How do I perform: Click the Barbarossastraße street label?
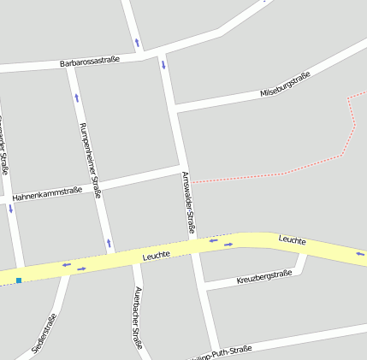90,61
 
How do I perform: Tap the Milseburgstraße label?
285,85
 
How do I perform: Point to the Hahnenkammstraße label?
47,193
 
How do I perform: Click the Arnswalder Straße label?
189,203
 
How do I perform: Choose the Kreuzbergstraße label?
264,277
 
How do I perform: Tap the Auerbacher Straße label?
137,317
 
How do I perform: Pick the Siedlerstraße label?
44,333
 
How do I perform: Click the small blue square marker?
18,280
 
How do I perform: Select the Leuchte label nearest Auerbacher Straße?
157,254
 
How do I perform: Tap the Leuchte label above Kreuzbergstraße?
292,241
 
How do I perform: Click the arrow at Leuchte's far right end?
359,253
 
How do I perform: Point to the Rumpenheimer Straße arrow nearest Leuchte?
109,244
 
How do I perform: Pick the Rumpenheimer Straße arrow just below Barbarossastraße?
76,97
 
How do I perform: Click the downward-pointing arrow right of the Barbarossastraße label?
163,64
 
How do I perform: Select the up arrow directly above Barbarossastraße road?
137,42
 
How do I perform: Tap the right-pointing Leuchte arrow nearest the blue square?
81,269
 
